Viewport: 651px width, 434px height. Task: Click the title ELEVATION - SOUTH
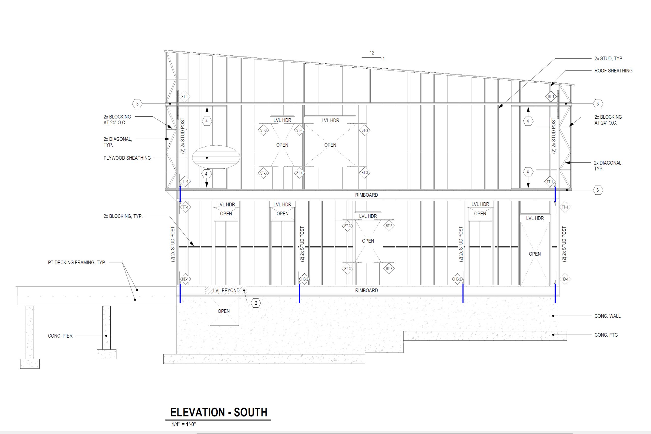(219, 412)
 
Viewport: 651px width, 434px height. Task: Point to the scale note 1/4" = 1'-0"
(184, 424)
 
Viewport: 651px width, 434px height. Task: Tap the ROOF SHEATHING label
(613, 71)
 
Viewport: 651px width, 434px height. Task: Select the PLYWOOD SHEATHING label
(127, 158)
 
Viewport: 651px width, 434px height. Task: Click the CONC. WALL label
(608, 316)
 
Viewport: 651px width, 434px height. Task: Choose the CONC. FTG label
(606, 335)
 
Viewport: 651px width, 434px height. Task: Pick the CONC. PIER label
(60, 336)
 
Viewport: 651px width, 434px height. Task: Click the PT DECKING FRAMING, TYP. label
(77, 262)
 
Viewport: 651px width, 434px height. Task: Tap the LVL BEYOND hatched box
(226, 290)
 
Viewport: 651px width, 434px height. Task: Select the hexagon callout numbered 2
(256, 303)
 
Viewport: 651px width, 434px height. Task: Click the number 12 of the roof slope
(372, 53)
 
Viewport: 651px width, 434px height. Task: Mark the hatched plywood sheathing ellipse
(216, 157)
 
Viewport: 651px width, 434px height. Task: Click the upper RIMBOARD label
(366, 195)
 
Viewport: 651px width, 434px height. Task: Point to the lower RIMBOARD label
(366, 290)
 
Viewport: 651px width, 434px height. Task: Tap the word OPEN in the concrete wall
(224, 311)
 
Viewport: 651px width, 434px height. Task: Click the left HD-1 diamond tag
(185, 279)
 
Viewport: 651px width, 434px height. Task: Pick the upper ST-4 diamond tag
(299, 130)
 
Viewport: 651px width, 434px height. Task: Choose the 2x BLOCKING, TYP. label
(123, 216)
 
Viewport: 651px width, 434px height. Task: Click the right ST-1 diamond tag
(551, 97)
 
